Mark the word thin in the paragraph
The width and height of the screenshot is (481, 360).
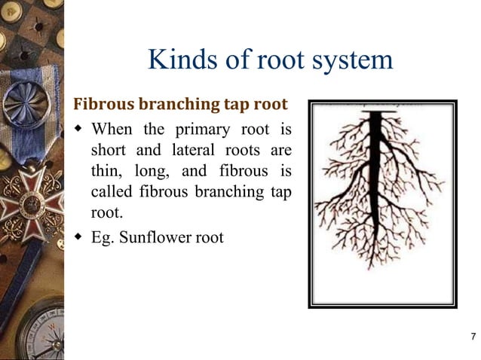click(x=106, y=169)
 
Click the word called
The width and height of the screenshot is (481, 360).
click(x=112, y=191)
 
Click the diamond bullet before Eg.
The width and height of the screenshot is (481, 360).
click(x=78, y=236)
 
